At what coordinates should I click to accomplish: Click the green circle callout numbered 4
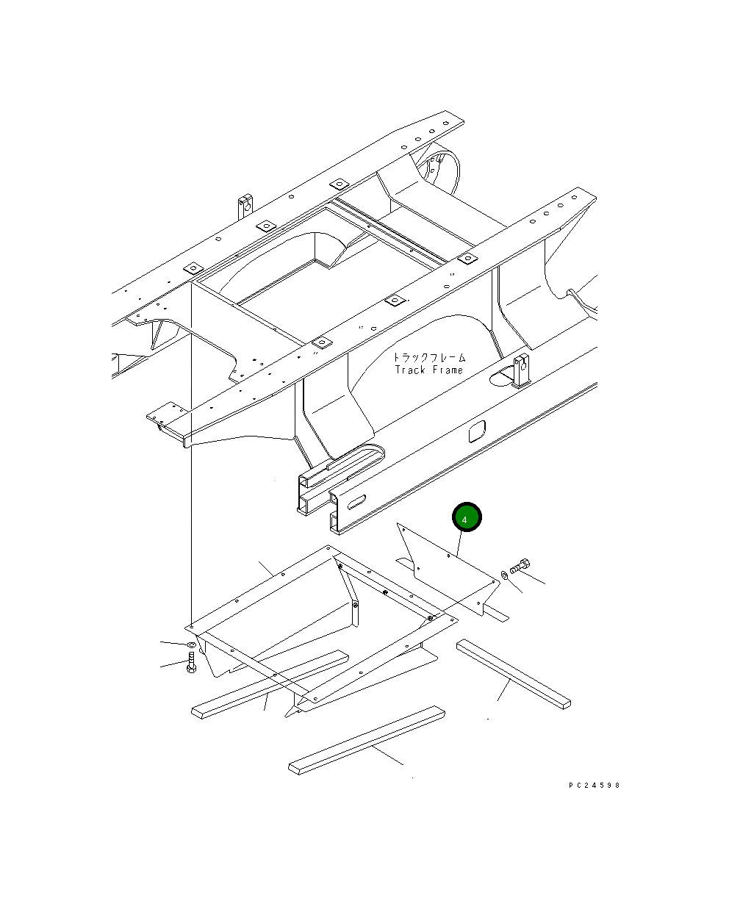pyautogui.click(x=467, y=517)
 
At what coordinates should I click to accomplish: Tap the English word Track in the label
pyautogui.click(x=410, y=370)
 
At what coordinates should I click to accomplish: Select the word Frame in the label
pyautogui.click(x=448, y=370)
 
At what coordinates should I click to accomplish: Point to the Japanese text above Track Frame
pyautogui.click(x=430, y=358)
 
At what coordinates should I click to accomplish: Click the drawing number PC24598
pyautogui.click(x=594, y=785)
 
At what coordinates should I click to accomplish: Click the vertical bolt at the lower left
pyautogui.click(x=191, y=662)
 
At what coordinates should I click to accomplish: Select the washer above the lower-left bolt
pyautogui.click(x=191, y=644)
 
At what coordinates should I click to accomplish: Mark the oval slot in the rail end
pyautogui.click(x=356, y=502)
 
